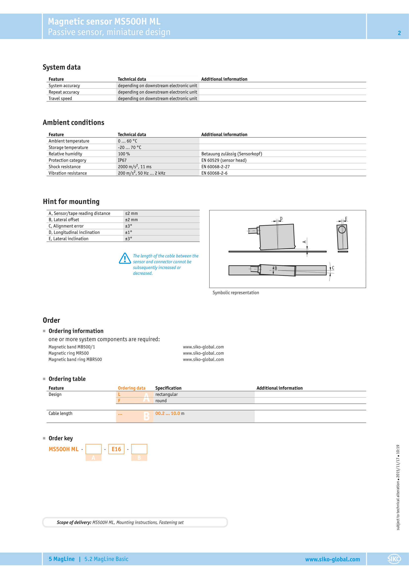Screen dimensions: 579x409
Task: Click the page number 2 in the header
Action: pyautogui.click(x=399, y=33)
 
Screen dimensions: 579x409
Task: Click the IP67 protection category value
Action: pyautogui.click(x=122, y=160)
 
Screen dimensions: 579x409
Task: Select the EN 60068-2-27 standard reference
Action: pyautogui.click(x=215, y=167)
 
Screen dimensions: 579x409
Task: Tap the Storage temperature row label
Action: pyautogui.click(x=68, y=148)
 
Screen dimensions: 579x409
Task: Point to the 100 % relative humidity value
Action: pyautogui.click(x=124, y=154)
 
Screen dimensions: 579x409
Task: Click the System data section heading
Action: pyautogui.click(x=62, y=67)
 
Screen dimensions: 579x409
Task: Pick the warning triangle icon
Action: pyautogui.click(x=125, y=258)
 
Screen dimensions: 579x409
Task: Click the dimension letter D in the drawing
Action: pyautogui.click(x=281, y=219)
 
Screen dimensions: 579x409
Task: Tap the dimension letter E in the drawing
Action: pyautogui.click(x=346, y=219)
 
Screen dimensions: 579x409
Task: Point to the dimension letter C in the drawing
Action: pyautogui.click(x=333, y=268)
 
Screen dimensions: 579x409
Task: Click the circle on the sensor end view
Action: pyautogui.click(x=342, y=229)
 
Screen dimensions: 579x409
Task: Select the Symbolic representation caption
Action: pyautogui.click(x=236, y=293)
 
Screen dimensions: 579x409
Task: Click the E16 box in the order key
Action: pyautogui.click(x=116, y=449)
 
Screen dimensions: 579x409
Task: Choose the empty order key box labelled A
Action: pyautogui.click(x=93, y=449)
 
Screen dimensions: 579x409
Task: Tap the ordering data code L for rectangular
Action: pyautogui.click(x=119, y=394)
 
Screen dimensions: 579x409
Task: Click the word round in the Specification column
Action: pyautogui.click(x=161, y=401)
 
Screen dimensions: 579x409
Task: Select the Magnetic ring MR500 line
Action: pyautogui.click(x=68, y=353)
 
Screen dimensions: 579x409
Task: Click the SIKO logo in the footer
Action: pyautogui.click(x=394, y=559)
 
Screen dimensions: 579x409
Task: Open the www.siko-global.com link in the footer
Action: pyautogui.click(x=332, y=559)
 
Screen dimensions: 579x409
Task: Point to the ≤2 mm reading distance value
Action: pyautogui.click(x=132, y=213)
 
